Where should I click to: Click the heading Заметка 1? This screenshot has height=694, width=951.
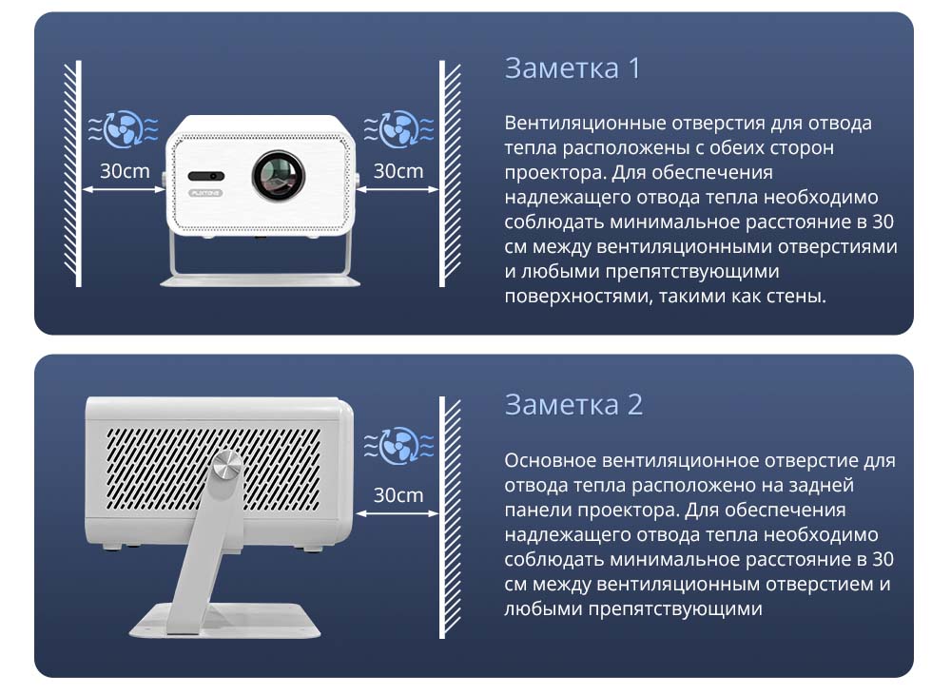(x=572, y=67)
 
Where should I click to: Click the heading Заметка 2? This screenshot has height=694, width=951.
(x=573, y=404)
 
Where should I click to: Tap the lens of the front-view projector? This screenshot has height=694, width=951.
(x=279, y=176)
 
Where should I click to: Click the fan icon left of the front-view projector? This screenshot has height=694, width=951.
(x=124, y=128)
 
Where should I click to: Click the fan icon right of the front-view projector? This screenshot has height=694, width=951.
(x=398, y=128)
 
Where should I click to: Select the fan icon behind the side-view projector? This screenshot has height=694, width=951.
(x=398, y=446)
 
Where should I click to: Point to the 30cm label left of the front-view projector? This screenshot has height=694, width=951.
(x=125, y=171)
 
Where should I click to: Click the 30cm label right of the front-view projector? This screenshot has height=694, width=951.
(x=398, y=171)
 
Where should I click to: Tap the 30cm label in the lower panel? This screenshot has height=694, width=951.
(x=398, y=495)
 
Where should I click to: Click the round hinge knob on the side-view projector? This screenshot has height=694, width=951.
(x=227, y=467)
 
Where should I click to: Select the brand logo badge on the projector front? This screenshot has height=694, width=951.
(x=205, y=193)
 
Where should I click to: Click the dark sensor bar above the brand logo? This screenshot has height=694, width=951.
(x=206, y=176)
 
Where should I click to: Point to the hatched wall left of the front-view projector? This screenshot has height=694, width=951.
(x=73, y=173)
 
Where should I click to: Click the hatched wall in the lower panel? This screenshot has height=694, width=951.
(x=450, y=517)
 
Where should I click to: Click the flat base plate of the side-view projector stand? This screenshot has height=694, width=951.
(x=224, y=621)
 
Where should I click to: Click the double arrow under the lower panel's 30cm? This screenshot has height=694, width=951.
(x=398, y=513)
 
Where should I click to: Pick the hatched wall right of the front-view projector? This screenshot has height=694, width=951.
(x=450, y=173)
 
